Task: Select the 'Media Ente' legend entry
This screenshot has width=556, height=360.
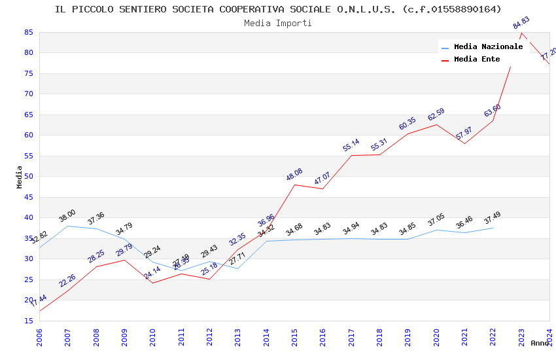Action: [477, 60]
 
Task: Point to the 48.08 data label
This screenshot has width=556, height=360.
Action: [294, 175]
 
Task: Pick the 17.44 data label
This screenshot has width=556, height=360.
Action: [39, 301]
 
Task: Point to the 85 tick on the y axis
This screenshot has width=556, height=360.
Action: [27, 32]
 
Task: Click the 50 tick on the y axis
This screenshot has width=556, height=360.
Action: [27, 177]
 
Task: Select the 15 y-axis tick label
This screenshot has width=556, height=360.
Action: [27, 321]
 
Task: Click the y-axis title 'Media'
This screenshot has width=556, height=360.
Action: [20, 177]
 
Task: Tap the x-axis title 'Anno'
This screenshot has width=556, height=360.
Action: [540, 343]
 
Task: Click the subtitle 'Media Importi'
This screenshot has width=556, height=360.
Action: [278, 23]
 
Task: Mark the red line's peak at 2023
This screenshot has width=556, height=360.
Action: [521, 33]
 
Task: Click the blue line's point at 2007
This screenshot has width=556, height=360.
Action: [67, 226]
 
